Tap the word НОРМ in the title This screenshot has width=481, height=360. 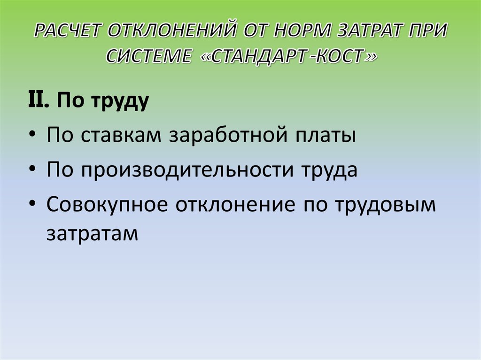click(298, 33)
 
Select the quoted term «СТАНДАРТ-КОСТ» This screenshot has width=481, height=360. click(292, 56)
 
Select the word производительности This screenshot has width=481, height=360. click(182, 170)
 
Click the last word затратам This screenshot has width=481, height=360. click(93, 233)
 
